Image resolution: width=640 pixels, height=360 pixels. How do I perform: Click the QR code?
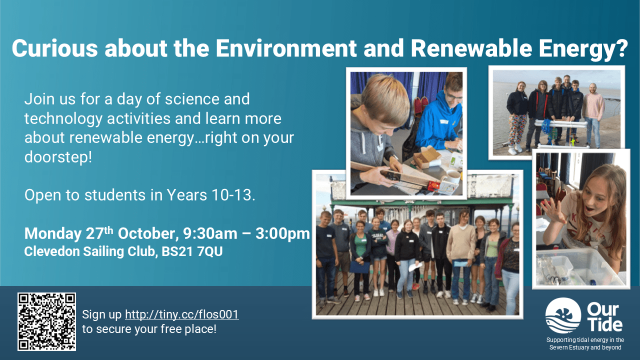point(47,321)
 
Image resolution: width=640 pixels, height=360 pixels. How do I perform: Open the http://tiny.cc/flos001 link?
point(181,314)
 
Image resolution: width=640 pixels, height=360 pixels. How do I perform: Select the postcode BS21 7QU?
point(192,251)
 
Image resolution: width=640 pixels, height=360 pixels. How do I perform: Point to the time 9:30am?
point(210,233)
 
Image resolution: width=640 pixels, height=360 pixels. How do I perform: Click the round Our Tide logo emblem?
point(563,315)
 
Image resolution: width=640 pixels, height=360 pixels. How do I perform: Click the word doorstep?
point(58,157)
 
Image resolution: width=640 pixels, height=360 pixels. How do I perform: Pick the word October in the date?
point(148,233)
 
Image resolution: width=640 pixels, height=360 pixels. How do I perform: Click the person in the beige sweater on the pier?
point(461,254)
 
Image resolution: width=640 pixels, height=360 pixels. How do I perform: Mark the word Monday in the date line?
point(53,234)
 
